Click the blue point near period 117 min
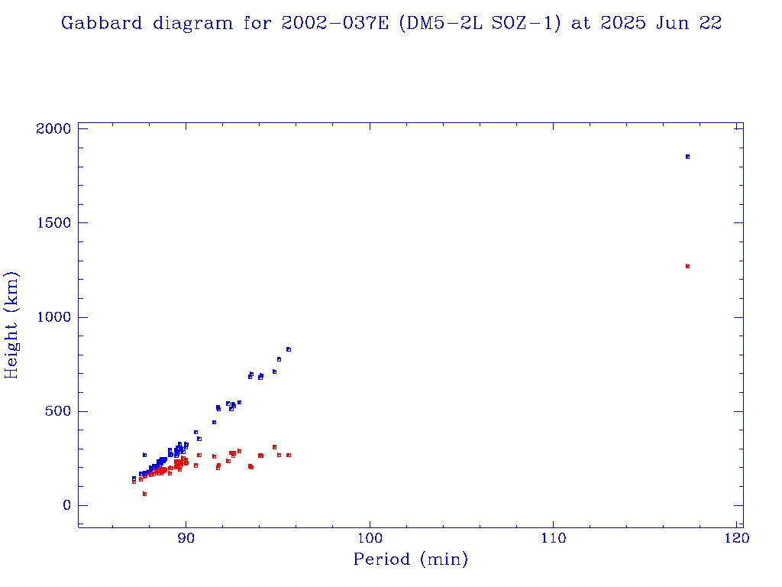[687, 157]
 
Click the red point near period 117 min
[687, 266]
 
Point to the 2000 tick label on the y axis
[53, 128]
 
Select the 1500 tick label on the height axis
[53, 222]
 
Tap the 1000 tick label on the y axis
[53, 317]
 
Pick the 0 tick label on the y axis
[66, 505]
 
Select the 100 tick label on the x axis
[370, 537]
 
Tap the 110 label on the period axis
[553, 537]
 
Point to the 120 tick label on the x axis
[736, 537]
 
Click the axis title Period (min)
[410, 560]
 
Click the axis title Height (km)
[12, 325]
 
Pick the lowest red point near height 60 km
[144, 494]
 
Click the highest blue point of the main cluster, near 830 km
[289, 349]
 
